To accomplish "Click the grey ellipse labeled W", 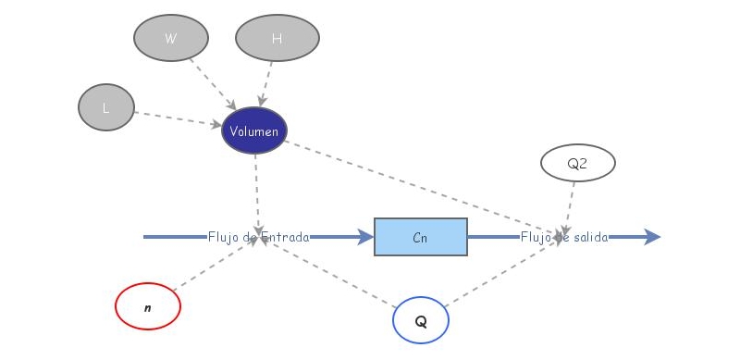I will coord(170,38).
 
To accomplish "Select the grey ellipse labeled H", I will coord(277,38).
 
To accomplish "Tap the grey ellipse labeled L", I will coord(106,107).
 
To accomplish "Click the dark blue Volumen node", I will coord(254,131).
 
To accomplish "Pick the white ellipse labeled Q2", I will coord(577,163).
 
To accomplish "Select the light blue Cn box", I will coord(420,237).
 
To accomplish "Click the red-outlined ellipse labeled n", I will coord(148,306).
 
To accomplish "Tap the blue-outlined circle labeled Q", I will coord(421,321).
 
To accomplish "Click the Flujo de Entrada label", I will coord(258,237).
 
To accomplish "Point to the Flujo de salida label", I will coord(564,237).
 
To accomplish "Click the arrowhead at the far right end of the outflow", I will coord(652,237).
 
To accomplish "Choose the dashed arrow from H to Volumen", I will coord(266,83).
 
